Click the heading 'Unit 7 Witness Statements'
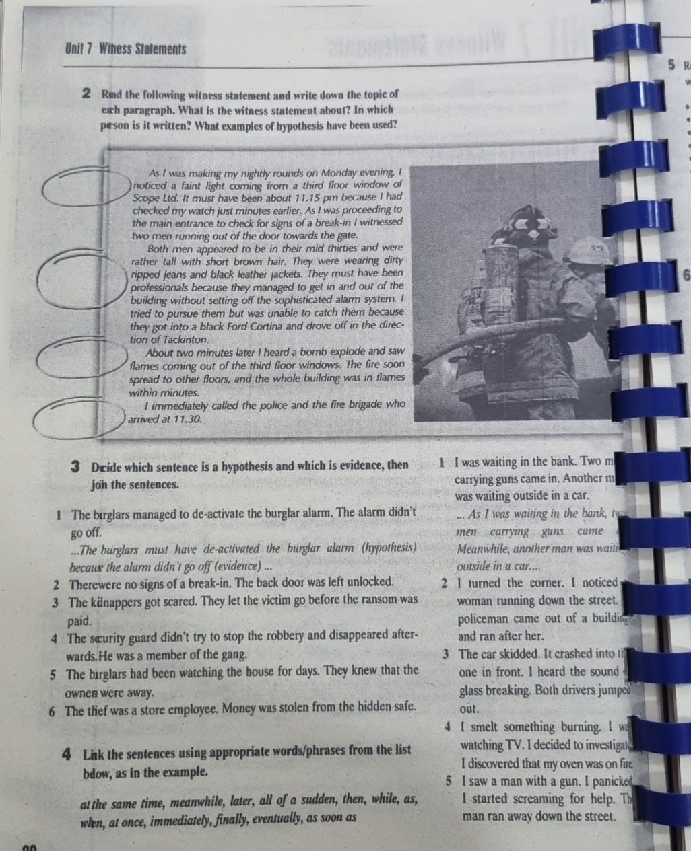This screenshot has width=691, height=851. pyautogui.click(x=126, y=49)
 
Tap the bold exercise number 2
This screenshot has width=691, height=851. pyautogui.click(x=87, y=94)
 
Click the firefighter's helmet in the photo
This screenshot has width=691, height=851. pyautogui.click(x=526, y=225)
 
